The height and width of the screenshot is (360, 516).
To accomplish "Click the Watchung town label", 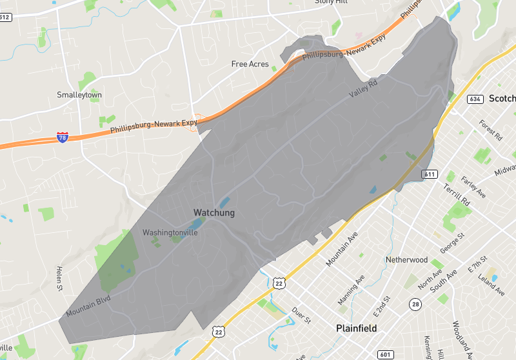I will [214, 212].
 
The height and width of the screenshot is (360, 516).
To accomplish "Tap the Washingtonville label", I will [170, 232].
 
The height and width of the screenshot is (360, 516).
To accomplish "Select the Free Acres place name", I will [250, 64].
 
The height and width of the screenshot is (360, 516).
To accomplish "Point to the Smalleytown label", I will [79, 95].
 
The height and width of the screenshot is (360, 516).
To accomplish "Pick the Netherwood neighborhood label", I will [407, 259].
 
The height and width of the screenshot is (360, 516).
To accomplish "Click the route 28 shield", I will [415, 303].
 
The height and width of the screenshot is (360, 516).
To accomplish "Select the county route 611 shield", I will [430, 174].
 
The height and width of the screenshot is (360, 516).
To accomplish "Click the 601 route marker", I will [386, 354].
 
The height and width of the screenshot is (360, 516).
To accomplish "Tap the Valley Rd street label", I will [363, 93].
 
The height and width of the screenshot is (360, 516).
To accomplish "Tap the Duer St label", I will [302, 315].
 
